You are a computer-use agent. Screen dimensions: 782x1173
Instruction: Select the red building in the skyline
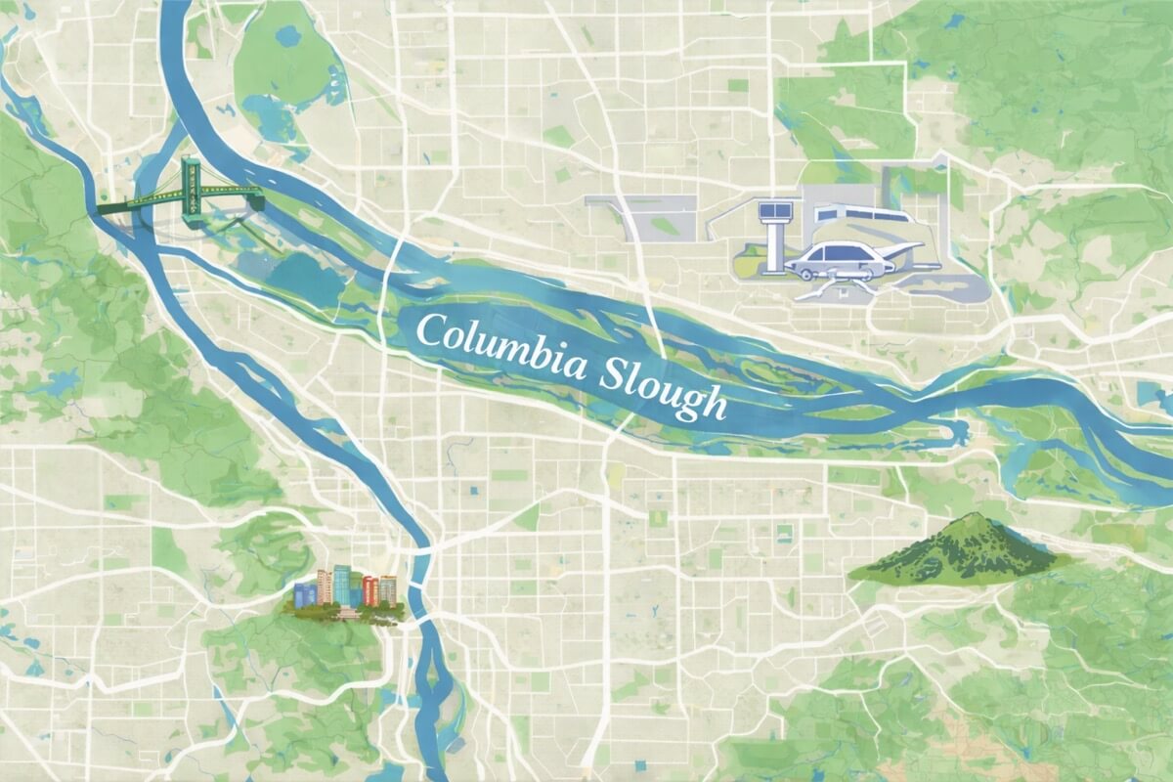pos(370,590)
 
